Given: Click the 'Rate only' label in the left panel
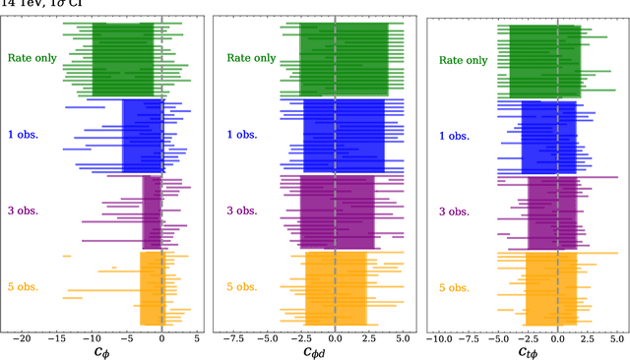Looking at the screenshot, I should point(31,58).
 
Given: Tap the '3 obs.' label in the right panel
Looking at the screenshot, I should point(454,211).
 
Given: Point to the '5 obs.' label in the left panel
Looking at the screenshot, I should point(23,287).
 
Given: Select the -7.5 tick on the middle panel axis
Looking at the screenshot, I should point(232,337).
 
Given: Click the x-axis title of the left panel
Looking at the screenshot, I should point(102,351).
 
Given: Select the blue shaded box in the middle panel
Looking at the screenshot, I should point(337,136).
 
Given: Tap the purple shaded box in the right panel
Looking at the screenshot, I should point(552,212).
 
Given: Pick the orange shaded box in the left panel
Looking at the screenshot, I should point(152,288).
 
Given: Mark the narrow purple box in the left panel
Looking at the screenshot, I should point(152,212).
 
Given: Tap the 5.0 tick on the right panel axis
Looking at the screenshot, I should point(616,337).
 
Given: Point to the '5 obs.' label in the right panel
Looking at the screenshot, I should point(454,287).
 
